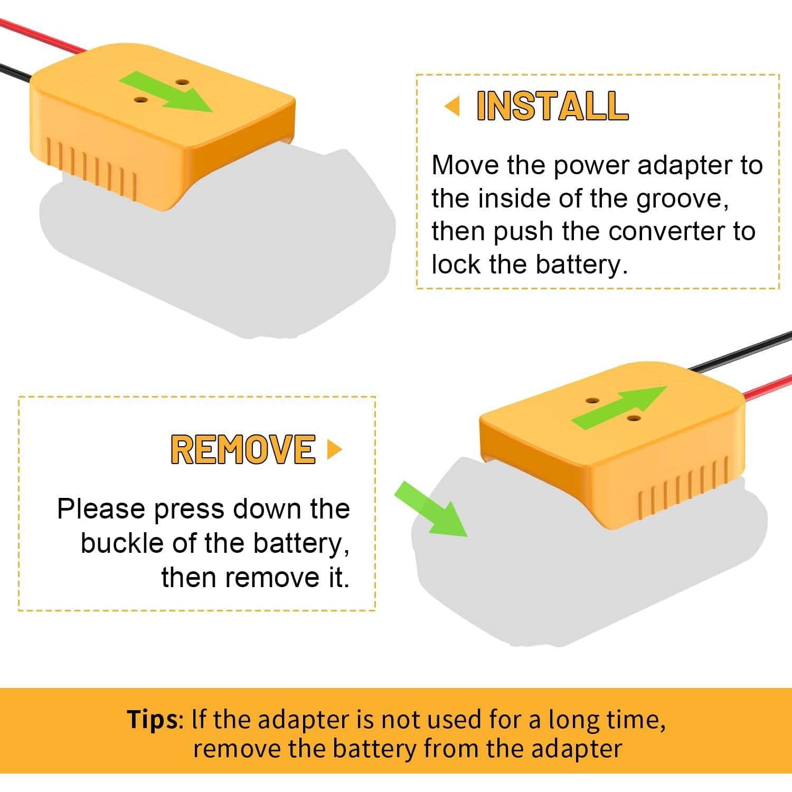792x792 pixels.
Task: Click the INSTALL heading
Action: coord(552,106)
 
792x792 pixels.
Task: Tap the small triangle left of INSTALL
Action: coord(452,107)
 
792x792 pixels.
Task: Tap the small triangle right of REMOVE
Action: coord(334,449)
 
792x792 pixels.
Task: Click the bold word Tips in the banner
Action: coord(153,719)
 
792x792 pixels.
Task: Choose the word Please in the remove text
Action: coord(101,510)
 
